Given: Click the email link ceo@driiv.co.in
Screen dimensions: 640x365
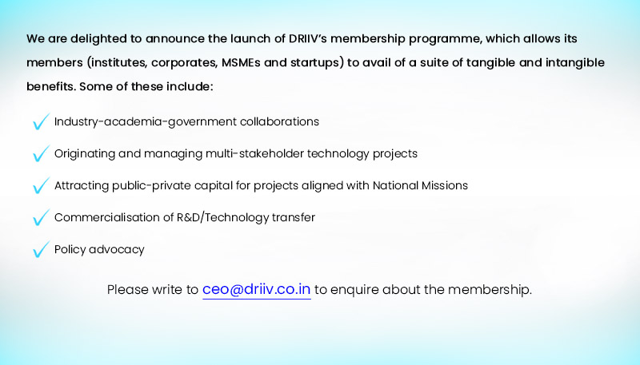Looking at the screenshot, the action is point(256,290).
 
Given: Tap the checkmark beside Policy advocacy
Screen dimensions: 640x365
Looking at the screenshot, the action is point(41,249).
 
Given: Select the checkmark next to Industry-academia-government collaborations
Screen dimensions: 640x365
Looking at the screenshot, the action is point(41,121).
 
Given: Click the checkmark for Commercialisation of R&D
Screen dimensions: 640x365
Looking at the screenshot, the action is point(41,217).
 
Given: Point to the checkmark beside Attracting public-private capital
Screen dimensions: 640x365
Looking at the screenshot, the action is point(41,185).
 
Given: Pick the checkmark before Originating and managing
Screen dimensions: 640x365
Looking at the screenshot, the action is point(41,153).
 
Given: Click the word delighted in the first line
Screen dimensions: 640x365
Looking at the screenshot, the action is point(98,39).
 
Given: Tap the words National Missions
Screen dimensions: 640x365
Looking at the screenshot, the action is point(420,185).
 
